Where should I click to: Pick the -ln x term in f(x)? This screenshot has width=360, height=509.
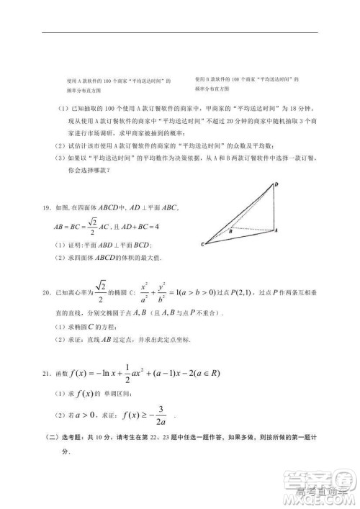click(x=112, y=374)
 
